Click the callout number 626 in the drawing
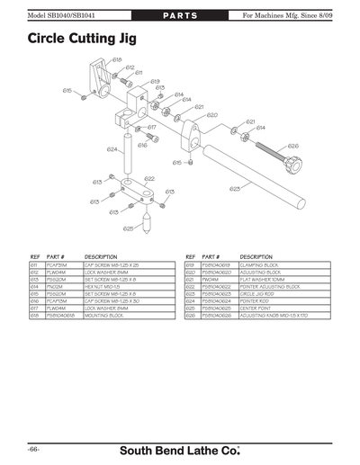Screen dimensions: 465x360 (x=292, y=146)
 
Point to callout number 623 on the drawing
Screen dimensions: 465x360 (x=235, y=189)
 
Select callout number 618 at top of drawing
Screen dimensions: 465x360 (x=117, y=59)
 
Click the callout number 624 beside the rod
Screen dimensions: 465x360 (x=112, y=149)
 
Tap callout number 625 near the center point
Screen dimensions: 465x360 (x=128, y=229)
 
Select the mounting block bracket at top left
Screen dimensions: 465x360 (x=102, y=85)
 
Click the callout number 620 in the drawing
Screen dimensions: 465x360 (x=211, y=115)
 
